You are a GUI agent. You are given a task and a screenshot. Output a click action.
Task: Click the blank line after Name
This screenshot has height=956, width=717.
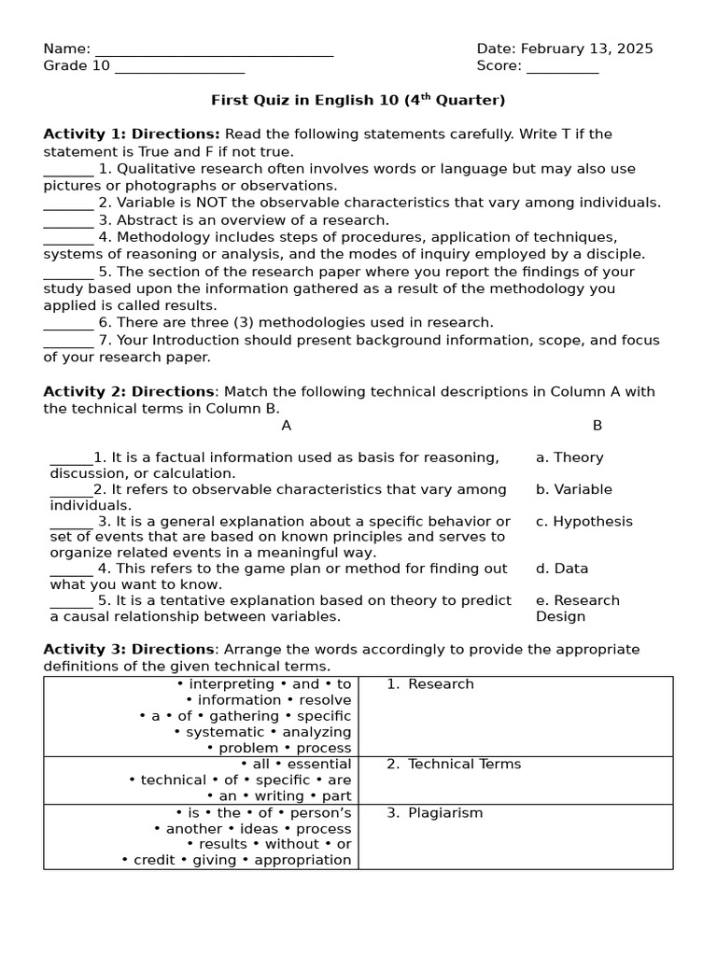(x=214, y=52)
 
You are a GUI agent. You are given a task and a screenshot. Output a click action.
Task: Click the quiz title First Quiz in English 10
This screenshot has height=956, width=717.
(x=358, y=100)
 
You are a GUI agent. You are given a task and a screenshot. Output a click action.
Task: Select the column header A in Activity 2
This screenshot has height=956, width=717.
(x=287, y=426)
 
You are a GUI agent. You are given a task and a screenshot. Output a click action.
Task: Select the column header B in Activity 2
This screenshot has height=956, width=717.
(x=597, y=426)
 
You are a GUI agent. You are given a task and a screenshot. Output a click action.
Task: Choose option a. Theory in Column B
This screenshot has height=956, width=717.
(x=569, y=457)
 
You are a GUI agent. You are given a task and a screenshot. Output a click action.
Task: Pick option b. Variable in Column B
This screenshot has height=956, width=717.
(x=574, y=489)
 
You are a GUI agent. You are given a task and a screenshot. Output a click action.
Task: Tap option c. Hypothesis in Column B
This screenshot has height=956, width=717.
(x=583, y=522)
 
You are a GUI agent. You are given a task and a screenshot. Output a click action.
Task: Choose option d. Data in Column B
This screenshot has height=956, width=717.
(x=562, y=569)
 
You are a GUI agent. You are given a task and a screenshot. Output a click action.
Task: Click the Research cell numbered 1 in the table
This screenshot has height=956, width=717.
(x=441, y=684)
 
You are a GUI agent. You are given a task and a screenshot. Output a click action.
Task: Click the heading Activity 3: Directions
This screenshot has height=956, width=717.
(x=129, y=650)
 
